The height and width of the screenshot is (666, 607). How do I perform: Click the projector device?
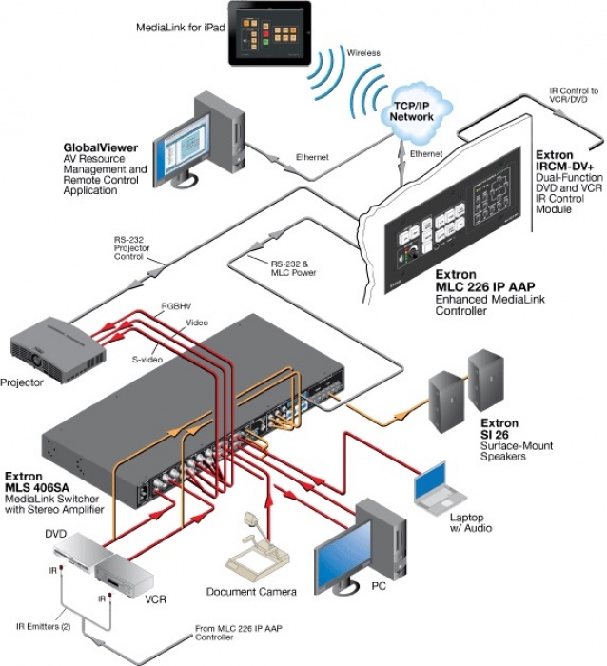point(53,349)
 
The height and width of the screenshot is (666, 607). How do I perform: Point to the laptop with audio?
point(440,486)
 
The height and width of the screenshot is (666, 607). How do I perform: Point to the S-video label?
point(145,360)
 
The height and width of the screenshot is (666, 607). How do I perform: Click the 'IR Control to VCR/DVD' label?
point(574,96)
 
